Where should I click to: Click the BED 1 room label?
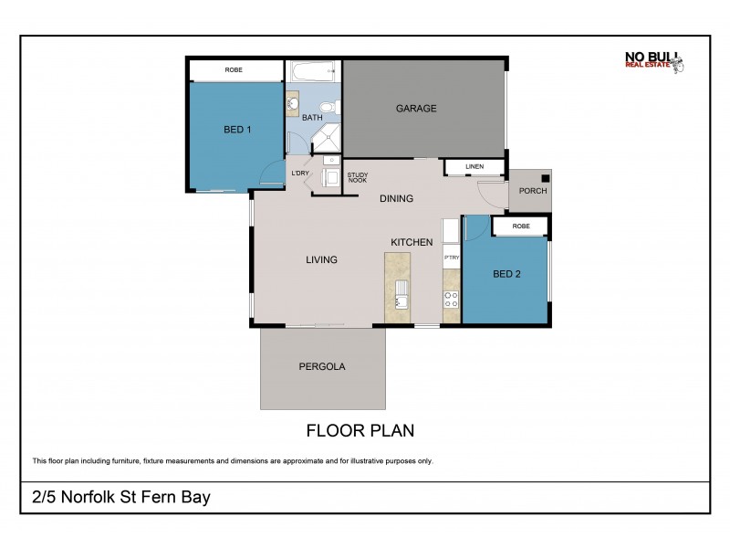(237, 130)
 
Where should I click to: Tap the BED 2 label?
(506, 274)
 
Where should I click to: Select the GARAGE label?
(415, 109)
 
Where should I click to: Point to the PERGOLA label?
(322, 366)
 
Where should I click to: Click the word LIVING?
(321, 260)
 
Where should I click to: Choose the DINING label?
(396, 198)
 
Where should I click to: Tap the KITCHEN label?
(412, 242)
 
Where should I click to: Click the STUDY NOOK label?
(357, 177)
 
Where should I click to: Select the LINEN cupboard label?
(474, 167)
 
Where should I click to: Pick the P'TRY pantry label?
(451, 258)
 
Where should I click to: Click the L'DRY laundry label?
(299, 173)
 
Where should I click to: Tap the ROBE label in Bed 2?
(520, 226)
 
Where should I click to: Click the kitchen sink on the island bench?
(401, 296)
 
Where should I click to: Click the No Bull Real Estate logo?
(653, 61)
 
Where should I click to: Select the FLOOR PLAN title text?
(360, 429)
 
